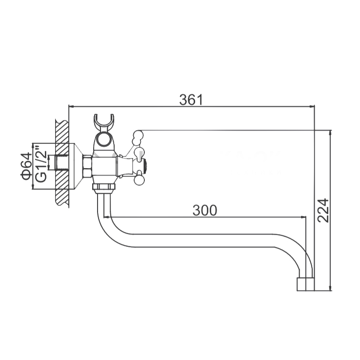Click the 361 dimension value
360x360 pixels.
(x=191, y=100)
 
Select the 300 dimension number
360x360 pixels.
(x=205, y=210)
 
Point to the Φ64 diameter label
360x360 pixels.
(x=26, y=166)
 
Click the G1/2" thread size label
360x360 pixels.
(x=41, y=166)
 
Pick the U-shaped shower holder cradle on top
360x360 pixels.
(x=104, y=122)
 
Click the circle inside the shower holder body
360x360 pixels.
(x=103, y=139)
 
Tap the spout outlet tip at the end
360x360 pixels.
(x=305, y=284)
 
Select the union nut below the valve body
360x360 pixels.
(x=104, y=186)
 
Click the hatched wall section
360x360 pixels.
(x=62, y=163)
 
